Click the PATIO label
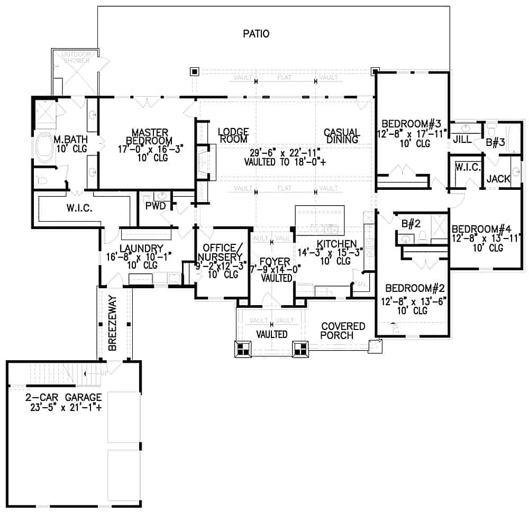(x=256, y=34)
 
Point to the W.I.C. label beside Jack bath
(x=467, y=168)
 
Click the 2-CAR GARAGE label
(x=63, y=397)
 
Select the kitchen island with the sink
(x=320, y=221)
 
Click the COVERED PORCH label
(x=343, y=331)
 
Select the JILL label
(x=462, y=140)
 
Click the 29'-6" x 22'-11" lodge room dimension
(x=282, y=153)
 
